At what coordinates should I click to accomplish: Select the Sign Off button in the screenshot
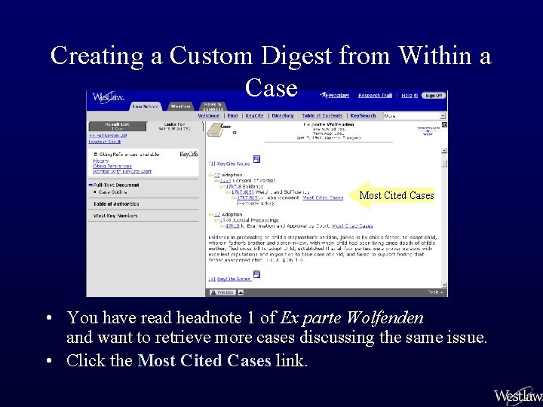(433, 96)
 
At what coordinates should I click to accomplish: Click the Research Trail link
(375, 96)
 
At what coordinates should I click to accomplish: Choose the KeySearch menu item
(363, 116)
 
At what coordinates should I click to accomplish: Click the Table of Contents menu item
(322, 116)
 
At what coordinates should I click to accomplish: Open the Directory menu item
(283, 116)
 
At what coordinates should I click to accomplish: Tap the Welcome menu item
(209, 116)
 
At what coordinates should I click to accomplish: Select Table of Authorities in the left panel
(116, 203)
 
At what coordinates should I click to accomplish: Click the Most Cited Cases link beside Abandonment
(322, 198)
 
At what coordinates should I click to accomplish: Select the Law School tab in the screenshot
(146, 106)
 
